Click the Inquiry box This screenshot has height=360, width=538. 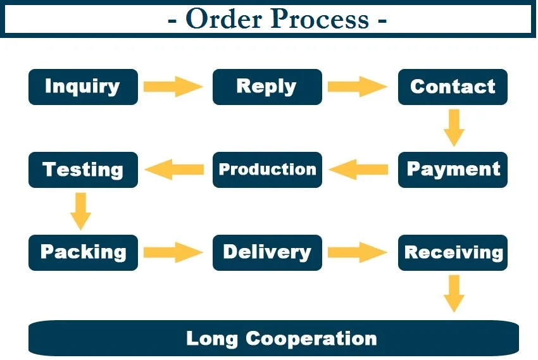(x=83, y=87)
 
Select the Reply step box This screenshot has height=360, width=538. (x=267, y=87)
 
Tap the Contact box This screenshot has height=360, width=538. (x=453, y=87)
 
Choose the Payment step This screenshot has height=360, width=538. (x=453, y=170)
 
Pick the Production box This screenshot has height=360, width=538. (x=267, y=170)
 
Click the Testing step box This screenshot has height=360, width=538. (x=83, y=170)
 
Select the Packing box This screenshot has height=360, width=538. (x=83, y=252)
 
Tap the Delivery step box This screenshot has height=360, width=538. (x=267, y=252)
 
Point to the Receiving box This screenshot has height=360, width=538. (x=453, y=252)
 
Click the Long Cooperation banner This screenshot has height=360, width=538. (x=273, y=338)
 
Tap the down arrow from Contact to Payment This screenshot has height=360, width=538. (x=454, y=128)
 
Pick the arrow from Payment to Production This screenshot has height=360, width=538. (x=359, y=170)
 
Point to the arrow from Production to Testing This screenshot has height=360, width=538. (x=174, y=170)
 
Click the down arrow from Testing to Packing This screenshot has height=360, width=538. (x=80, y=211)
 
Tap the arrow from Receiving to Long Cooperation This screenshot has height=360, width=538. (x=454, y=293)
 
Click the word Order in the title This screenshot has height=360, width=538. (x=222, y=19)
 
